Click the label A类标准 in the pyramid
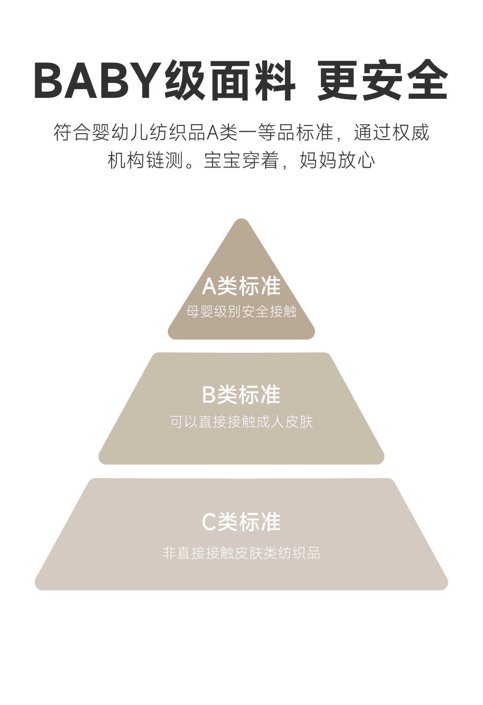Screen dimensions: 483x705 [x=241, y=286]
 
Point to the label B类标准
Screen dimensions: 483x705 [x=241, y=395]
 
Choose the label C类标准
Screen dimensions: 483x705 [x=241, y=522]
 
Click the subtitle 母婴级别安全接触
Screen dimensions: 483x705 [x=241, y=311]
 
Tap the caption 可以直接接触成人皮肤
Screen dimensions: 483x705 [x=241, y=422]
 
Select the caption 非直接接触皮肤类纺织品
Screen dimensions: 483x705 [x=241, y=553]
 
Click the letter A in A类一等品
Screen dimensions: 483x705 [x=213, y=133]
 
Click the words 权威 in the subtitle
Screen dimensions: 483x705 [x=410, y=133]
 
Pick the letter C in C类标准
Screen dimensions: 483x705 [x=209, y=522]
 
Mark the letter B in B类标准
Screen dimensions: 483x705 [x=209, y=395]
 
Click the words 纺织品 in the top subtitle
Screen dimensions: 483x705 [x=178, y=133]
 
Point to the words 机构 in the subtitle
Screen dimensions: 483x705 [x=127, y=160]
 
